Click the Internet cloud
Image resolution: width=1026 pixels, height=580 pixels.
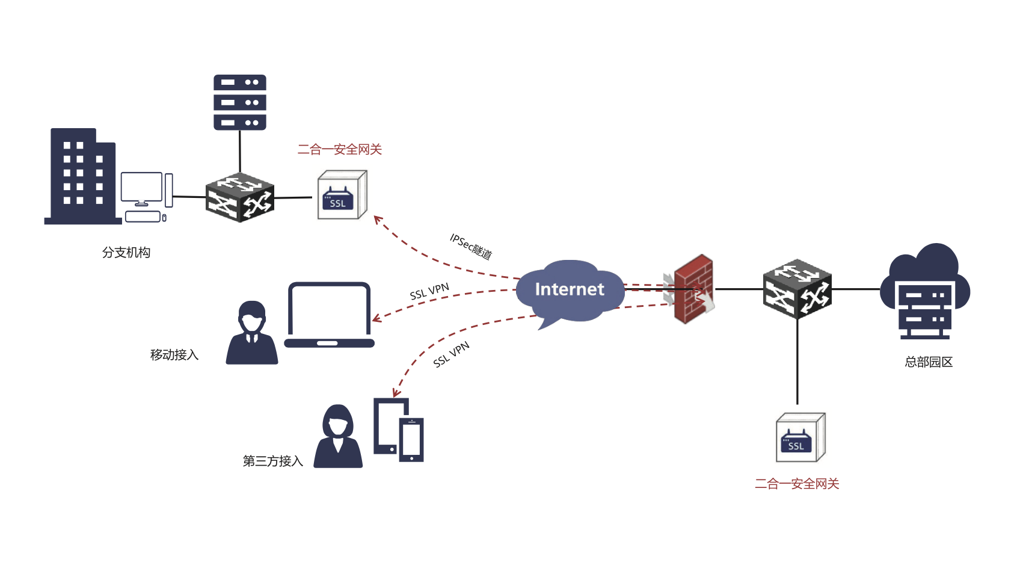(568, 291)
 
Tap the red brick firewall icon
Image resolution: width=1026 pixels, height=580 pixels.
(693, 289)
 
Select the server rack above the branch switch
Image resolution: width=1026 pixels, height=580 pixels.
(240, 102)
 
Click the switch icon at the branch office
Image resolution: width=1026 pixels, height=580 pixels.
(240, 197)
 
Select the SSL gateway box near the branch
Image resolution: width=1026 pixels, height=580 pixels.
(342, 196)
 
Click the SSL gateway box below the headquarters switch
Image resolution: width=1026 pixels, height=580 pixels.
(800, 438)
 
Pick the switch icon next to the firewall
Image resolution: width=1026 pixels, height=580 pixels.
(797, 289)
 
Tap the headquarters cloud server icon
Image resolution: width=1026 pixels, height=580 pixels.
(925, 292)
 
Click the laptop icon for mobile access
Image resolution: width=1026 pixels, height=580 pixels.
(329, 315)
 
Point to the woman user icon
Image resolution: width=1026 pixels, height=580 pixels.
(338, 436)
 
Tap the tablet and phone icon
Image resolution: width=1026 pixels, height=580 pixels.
(399, 430)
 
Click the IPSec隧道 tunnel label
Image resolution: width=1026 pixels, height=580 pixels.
(471, 246)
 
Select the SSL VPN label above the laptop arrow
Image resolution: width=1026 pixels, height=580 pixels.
(429, 292)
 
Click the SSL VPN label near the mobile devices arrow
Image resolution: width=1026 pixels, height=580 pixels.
(451, 355)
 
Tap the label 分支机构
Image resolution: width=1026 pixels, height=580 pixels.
(126, 253)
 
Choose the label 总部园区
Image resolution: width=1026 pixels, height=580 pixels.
(929, 362)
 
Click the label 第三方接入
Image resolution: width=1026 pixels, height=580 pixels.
(272, 461)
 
